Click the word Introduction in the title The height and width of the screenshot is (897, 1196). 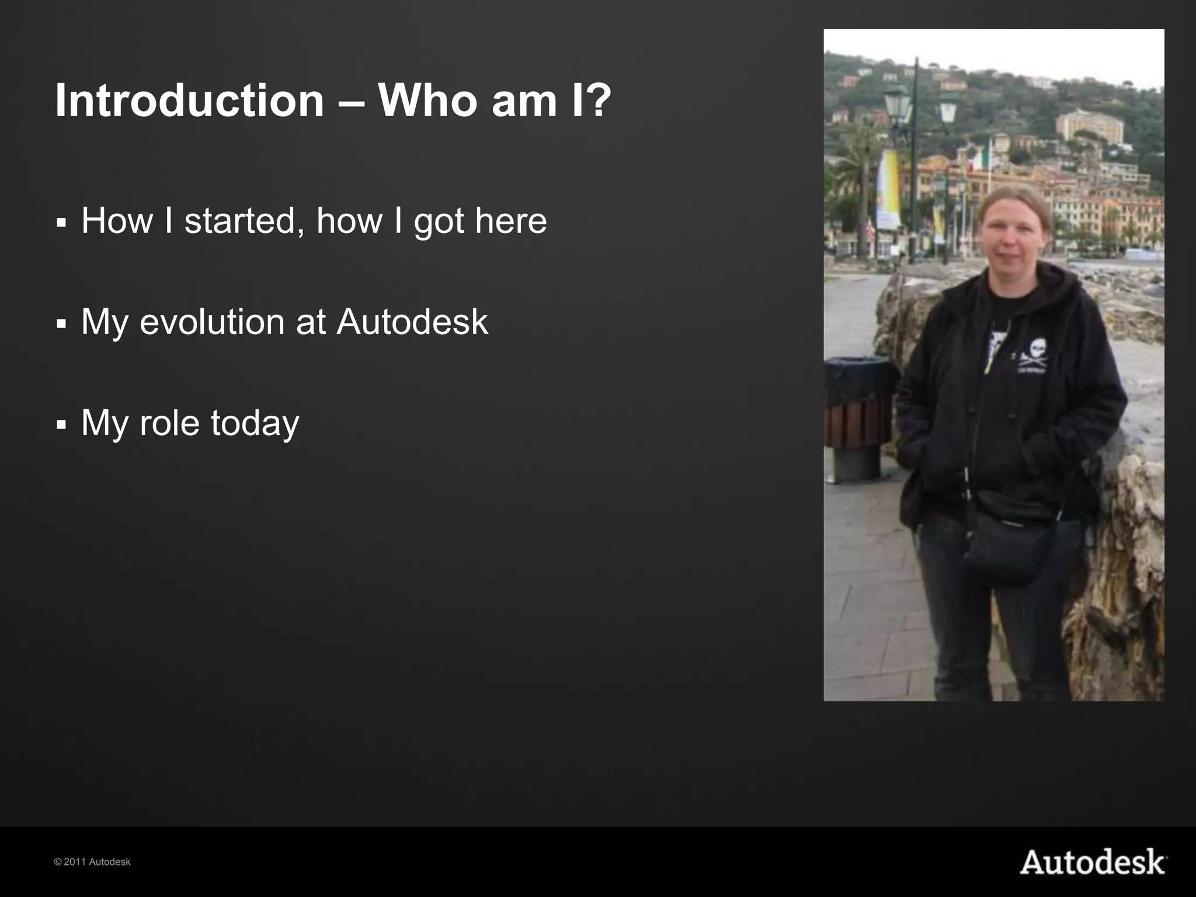[x=189, y=100]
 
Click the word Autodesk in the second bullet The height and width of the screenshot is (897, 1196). [x=412, y=322]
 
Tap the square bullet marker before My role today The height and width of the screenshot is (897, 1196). [x=61, y=425]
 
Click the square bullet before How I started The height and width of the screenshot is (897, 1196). [x=61, y=223]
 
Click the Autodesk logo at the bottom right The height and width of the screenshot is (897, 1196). [x=1093, y=863]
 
